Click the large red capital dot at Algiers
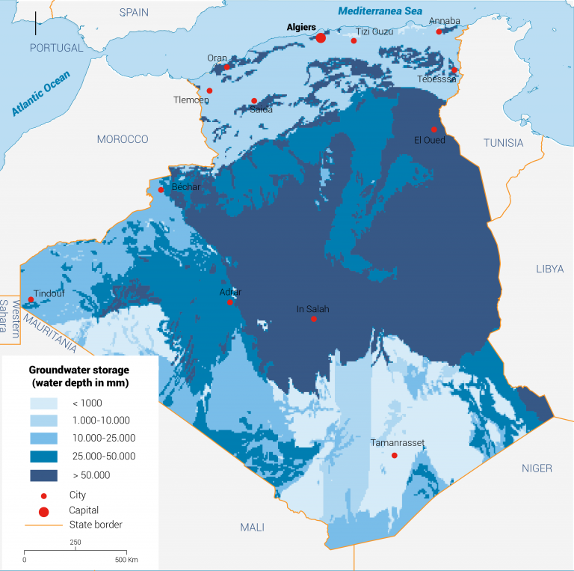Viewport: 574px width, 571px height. tap(321, 38)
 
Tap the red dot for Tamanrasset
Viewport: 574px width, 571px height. tap(395, 456)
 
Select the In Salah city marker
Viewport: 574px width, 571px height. tap(314, 320)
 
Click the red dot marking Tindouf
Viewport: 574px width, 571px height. tap(31, 300)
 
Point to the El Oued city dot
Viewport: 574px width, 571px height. tap(434, 129)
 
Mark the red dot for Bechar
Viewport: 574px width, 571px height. tap(161, 190)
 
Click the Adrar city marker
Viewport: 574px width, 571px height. tap(230, 302)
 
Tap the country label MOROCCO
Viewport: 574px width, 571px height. tap(123, 139)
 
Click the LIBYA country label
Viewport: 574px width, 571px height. tap(549, 269)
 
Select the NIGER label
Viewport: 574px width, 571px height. tap(537, 468)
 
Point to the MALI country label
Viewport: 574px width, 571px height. tap(252, 528)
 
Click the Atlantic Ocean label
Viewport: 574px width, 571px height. tap(41, 93)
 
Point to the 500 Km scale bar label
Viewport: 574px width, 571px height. tap(125, 560)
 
